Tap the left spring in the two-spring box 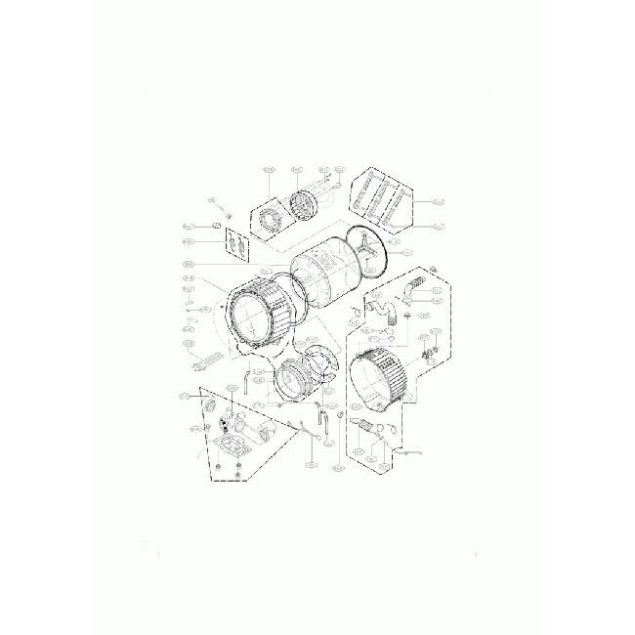pyautogui.click(x=231, y=241)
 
